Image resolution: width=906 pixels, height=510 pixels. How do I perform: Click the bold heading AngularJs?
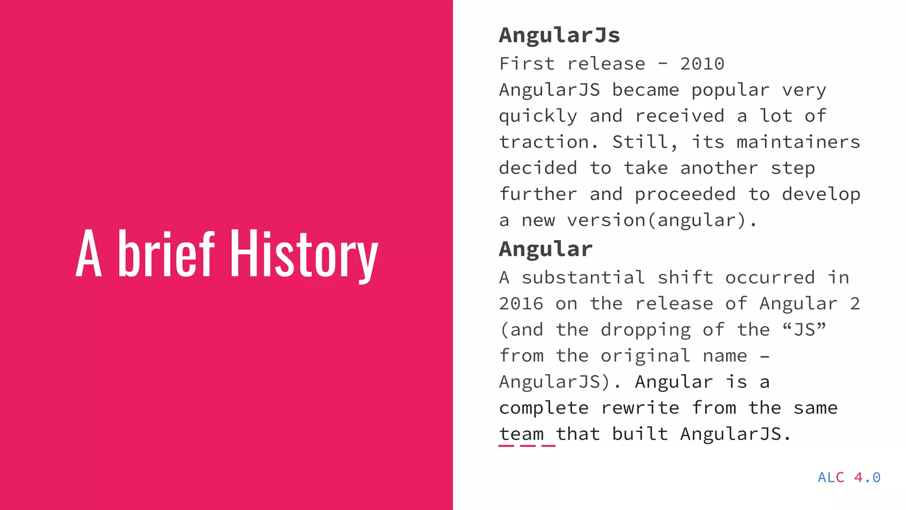click(559, 35)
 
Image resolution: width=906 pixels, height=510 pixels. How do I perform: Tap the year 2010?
click(702, 64)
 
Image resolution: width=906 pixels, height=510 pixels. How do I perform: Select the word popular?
click(730, 90)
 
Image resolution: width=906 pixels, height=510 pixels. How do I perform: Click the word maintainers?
click(798, 142)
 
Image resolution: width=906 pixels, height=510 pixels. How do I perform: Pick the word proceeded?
click(685, 195)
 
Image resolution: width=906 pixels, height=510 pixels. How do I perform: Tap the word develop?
click(821, 195)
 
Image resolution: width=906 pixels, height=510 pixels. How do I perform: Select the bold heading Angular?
click(545, 249)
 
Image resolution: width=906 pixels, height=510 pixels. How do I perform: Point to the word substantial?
click(583, 278)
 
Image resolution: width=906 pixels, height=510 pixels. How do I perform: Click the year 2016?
click(521, 304)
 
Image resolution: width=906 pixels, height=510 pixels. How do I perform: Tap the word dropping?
click(645, 330)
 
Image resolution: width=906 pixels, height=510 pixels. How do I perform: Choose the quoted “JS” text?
click(804, 330)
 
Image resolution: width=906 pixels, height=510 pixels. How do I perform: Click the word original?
click(645, 356)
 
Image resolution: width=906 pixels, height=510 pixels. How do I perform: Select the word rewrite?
click(640, 408)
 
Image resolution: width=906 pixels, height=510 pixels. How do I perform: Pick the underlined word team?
click(522, 434)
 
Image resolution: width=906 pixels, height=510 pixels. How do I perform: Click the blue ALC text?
click(831, 477)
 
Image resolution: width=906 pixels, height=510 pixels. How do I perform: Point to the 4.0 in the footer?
click(867, 477)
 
